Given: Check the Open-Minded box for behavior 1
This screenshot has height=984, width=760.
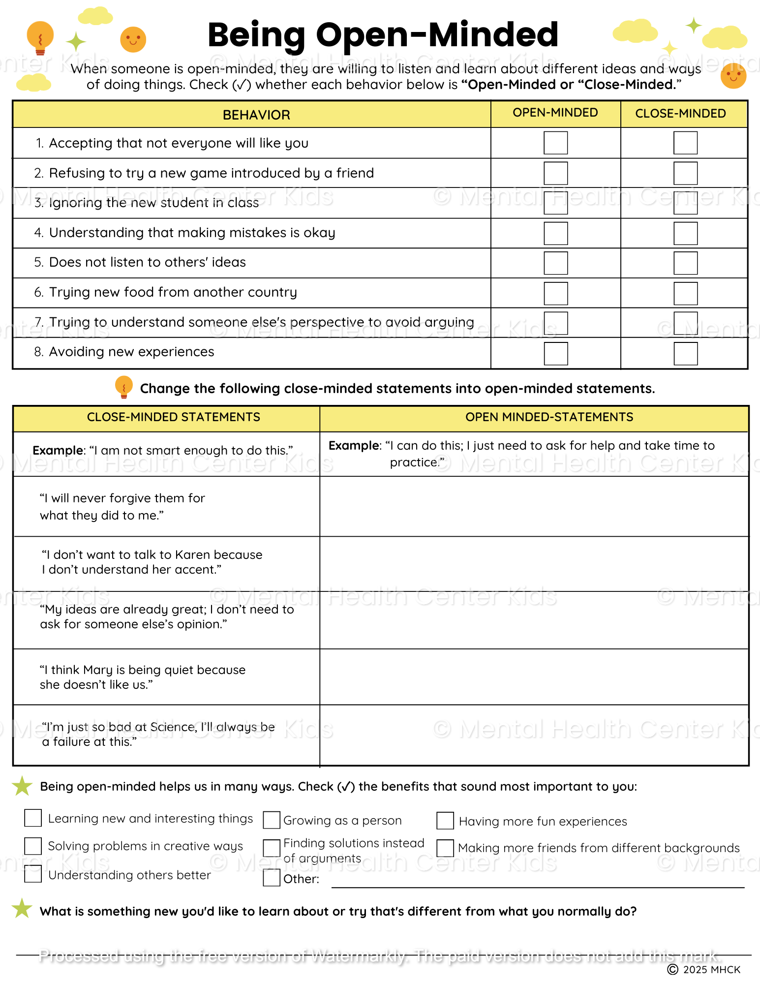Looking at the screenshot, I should (x=555, y=143).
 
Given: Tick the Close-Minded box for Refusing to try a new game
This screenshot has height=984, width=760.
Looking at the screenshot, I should (x=685, y=173).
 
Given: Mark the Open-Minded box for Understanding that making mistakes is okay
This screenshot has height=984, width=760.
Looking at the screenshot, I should (x=555, y=233).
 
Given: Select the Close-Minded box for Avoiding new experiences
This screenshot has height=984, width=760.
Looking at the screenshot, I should (x=685, y=353).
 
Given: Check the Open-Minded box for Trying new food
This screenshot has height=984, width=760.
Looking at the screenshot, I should (x=555, y=293).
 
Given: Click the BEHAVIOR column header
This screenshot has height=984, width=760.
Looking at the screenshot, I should (x=256, y=115).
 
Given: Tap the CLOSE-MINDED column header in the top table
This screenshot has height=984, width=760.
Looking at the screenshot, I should (x=680, y=114).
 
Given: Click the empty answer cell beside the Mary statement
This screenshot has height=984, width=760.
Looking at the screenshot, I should (x=534, y=677).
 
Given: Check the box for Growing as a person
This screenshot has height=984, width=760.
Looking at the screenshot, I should (x=272, y=820).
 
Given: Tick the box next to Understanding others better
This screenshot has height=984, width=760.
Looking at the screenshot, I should (x=33, y=874).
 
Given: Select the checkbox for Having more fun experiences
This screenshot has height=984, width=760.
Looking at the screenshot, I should (x=445, y=821).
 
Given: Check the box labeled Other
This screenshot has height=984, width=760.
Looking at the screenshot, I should (x=272, y=878).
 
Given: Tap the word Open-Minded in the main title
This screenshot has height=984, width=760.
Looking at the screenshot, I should (x=437, y=35).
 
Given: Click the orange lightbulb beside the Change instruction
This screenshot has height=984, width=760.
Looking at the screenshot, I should (x=123, y=387).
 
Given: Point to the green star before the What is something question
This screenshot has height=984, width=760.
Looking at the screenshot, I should (x=22, y=908).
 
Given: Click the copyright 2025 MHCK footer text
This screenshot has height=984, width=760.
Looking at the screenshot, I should (x=704, y=969).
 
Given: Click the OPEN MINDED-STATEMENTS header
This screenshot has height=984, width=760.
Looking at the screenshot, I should (x=549, y=417).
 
